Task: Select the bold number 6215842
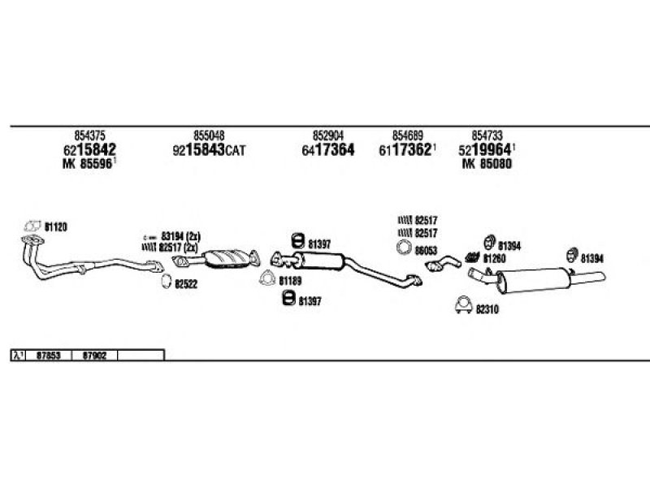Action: tap(89, 150)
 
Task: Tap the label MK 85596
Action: tap(89, 164)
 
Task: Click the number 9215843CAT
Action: tap(208, 150)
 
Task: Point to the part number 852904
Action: tap(328, 136)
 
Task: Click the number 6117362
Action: tap(406, 150)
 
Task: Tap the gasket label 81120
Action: tap(55, 227)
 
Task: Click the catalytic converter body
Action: tap(231, 258)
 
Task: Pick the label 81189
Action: tap(290, 281)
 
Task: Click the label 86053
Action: tap(426, 250)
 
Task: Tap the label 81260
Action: tap(494, 258)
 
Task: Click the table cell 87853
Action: tap(50, 355)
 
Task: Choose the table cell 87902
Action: tap(95, 355)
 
